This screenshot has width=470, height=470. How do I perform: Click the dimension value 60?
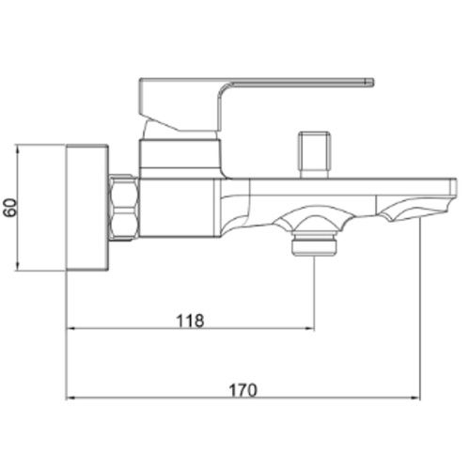(x=10, y=208)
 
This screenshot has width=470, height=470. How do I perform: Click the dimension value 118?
(x=190, y=321)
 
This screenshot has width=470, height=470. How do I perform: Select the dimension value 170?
(x=243, y=390)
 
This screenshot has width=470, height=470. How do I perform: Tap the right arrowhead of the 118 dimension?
(x=310, y=328)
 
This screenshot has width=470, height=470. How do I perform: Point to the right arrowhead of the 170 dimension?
(x=415, y=398)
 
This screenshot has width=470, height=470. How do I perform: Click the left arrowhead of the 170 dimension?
(x=70, y=398)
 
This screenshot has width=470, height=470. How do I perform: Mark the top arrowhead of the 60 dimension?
(x=18, y=149)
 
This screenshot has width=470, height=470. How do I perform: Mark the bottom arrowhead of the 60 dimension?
(x=18, y=266)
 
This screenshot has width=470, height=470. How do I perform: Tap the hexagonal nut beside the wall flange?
(x=124, y=208)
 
